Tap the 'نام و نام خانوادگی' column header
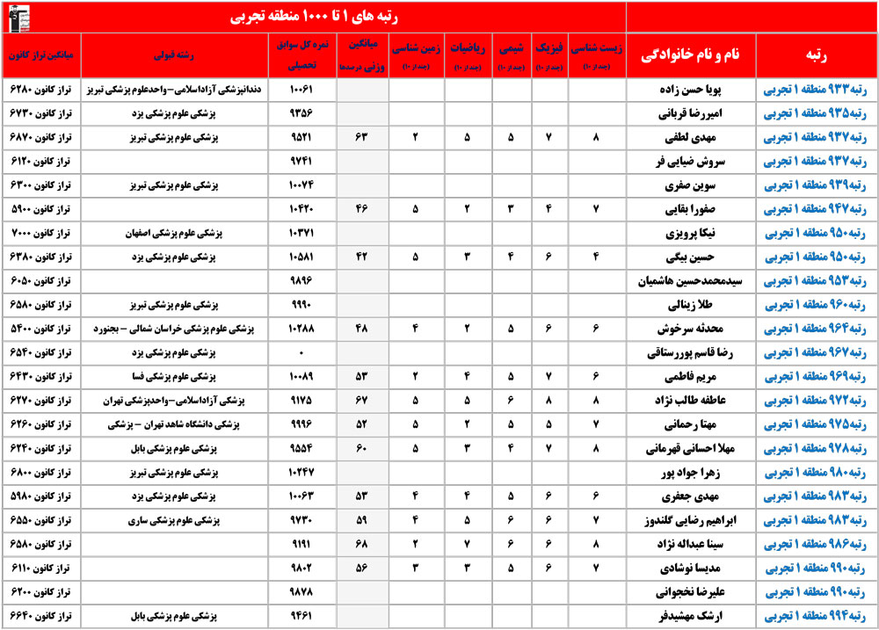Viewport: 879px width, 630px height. point(690,54)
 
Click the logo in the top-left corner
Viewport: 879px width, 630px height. point(18,17)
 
